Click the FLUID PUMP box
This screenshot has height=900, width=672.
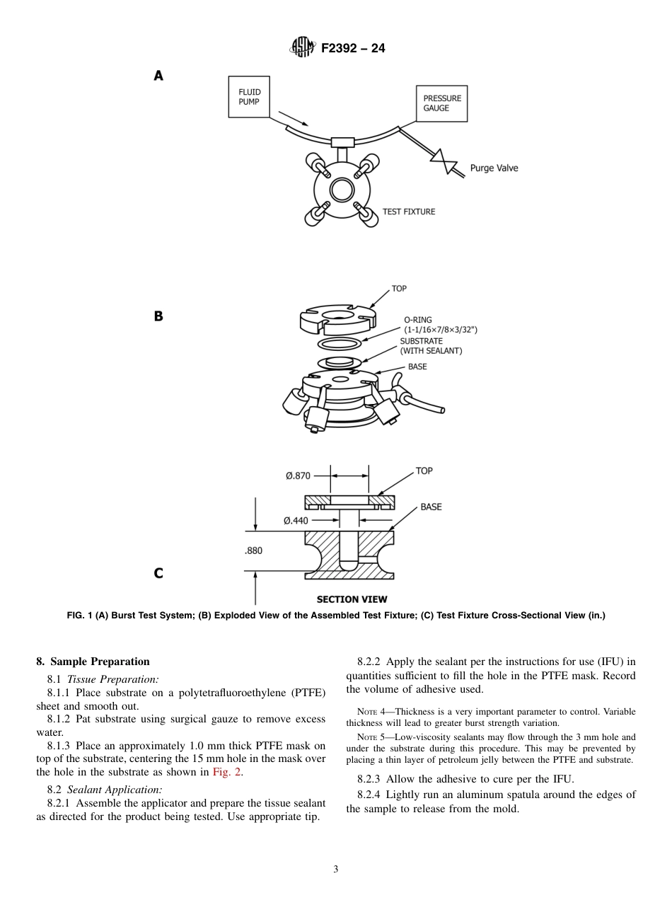click(251, 97)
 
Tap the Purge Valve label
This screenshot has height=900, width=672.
click(494, 168)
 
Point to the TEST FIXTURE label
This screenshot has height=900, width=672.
click(408, 212)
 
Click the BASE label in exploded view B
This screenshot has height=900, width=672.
click(417, 367)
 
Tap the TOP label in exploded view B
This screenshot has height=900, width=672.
click(399, 289)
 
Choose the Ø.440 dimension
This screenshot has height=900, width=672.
click(296, 521)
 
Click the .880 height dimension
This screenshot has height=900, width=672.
click(253, 550)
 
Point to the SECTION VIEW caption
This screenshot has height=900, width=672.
click(352, 599)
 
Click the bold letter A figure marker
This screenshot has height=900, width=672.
click(158, 76)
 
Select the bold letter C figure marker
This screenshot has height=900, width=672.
click(158, 573)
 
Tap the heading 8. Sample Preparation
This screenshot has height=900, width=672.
click(93, 662)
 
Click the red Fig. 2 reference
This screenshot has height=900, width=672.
click(227, 772)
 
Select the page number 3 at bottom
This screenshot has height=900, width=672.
click(336, 869)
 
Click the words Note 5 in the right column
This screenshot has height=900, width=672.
click(372, 737)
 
